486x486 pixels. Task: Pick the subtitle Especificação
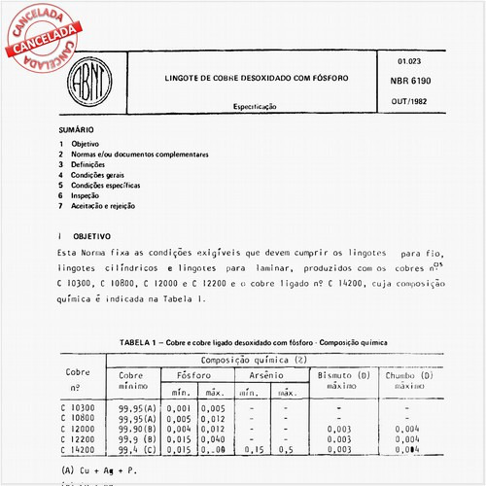coord(255,105)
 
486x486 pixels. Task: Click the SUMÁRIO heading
coord(76,128)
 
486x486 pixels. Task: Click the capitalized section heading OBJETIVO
coord(93,235)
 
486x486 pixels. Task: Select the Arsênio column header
coord(264,375)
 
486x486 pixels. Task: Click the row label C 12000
coord(78,429)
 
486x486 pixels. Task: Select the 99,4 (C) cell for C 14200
coord(136,450)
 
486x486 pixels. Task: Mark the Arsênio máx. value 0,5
coord(287,450)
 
